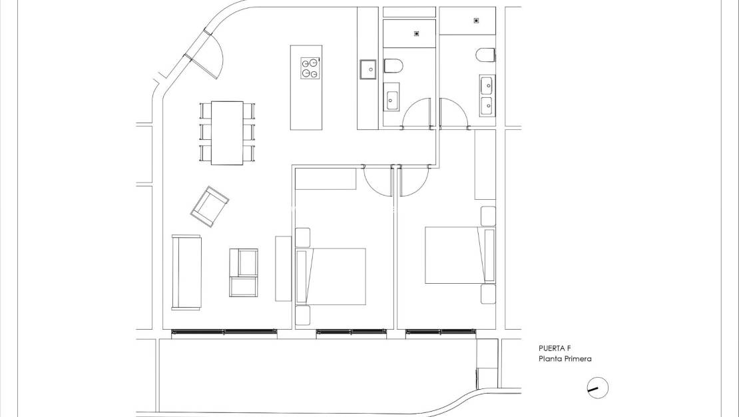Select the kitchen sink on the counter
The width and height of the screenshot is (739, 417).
pos(368,69)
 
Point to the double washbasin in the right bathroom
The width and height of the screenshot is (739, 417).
pos(486,95)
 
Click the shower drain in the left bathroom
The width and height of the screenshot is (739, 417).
pos(417,33)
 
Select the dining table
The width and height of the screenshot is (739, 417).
pos(227,132)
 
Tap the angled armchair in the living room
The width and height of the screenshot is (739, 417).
pos(209,206)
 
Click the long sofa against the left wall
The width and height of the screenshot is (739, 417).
pos(186,272)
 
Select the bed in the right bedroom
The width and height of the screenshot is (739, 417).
pos(453,255)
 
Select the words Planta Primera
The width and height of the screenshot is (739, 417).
pos(565,359)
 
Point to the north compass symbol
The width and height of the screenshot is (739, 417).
pos(598,388)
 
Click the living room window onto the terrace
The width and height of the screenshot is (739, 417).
pos(224,332)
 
